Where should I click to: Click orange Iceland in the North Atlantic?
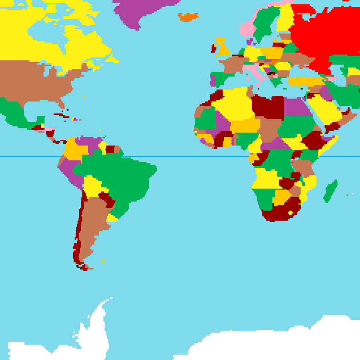click(x=188, y=17)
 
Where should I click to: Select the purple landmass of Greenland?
click(x=144, y=12)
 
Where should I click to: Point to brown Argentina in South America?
click(x=91, y=225)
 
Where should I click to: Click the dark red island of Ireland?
click(x=214, y=48)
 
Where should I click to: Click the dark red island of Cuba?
click(x=61, y=115)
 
